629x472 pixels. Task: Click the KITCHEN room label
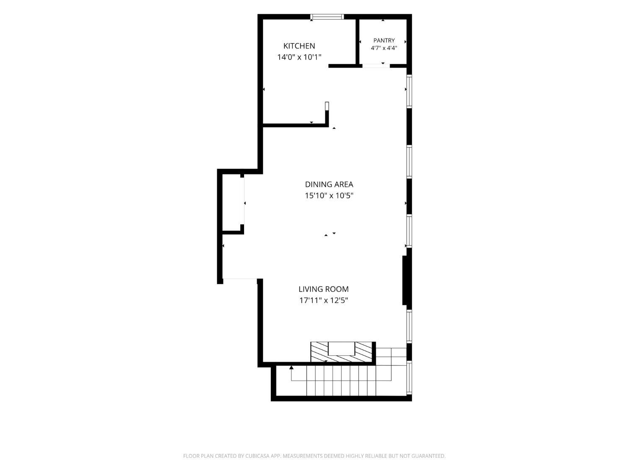click(299, 46)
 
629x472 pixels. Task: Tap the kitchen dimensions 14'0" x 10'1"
click(299, 57)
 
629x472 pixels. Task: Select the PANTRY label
click(384, 40)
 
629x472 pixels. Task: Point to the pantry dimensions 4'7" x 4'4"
click(384, 48)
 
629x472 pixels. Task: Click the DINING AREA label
click(329, 184)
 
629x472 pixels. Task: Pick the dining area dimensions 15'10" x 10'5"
click(329, 196)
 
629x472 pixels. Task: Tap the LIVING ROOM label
click(324, 289)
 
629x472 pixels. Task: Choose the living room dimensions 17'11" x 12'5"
click(324, 301)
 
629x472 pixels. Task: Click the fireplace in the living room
click(341, 352)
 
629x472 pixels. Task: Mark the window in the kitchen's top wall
click(327, 17)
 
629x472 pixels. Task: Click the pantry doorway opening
click(376, 66)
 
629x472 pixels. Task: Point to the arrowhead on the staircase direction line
click(291, 367)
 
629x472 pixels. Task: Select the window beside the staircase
click(409, 377)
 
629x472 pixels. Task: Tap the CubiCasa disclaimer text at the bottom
click(314, 456)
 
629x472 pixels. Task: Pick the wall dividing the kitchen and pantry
click(357, 42)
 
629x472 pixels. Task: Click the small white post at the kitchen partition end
click(327, 106)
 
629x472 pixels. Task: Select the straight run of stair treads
click(341, 381)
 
